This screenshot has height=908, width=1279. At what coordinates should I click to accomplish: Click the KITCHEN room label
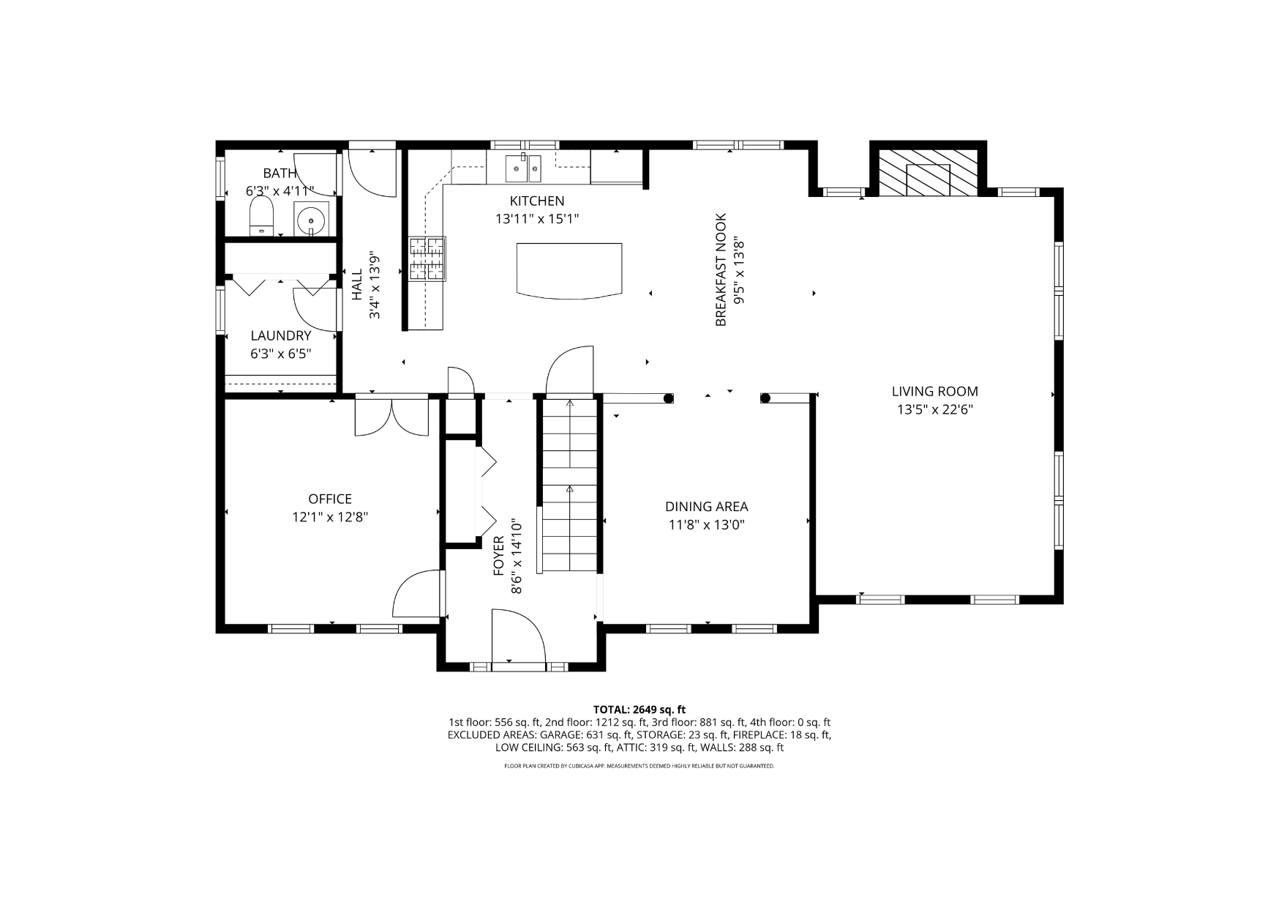click(x=537, y=201)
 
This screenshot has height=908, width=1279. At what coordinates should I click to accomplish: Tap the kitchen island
click(x=569, y=270)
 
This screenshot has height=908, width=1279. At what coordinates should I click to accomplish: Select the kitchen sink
click(x=523, y=168)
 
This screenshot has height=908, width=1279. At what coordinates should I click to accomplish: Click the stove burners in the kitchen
click(x=427, y=258)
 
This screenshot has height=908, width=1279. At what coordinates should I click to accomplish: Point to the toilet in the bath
click(x=261, y=218)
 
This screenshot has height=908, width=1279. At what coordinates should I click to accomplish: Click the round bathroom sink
click(x=312, y=218)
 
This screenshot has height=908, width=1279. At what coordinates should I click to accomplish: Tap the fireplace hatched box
click(x=928, y=173)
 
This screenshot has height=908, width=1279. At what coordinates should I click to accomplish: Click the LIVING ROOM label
click(x=935, y=392)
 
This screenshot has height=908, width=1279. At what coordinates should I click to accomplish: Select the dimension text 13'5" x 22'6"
click(x=935, y=410)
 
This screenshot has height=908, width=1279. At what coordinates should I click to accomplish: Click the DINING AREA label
click(x=707, y=507)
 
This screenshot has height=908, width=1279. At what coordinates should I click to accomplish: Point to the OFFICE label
click(x=330, y=499)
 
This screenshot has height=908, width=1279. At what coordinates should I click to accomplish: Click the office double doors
click(x=391, y=417)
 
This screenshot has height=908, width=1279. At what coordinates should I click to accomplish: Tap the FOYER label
click(x=499, y=555)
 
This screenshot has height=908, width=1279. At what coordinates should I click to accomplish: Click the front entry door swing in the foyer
click(x=519, y=637)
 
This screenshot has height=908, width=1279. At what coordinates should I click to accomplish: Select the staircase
click(x=570, y=485)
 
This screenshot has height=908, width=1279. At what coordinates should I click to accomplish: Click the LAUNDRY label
click(x=281, y=335)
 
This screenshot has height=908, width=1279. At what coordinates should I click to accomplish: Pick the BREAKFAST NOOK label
click(x=721, y=269)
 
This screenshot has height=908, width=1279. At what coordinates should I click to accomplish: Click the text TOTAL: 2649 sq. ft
click(x=639, y=709)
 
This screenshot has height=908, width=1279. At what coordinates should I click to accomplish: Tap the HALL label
click(x=357, y=285)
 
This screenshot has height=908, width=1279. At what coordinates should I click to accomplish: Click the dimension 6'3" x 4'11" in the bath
click(x=280, y=191)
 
